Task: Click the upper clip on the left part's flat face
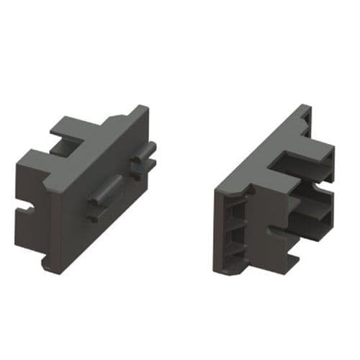pyautogui.click(x=143, y=158)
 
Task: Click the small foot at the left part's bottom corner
pyautogui.click(x=47, y=264)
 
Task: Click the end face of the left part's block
pyautogui.click(x=32, y=194)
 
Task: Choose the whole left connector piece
pyautogui.click(x=86, y=187)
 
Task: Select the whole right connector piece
pyautogui.click(x=274, y=194)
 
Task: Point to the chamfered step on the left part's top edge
pyautogui.click(x=115, y=120)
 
